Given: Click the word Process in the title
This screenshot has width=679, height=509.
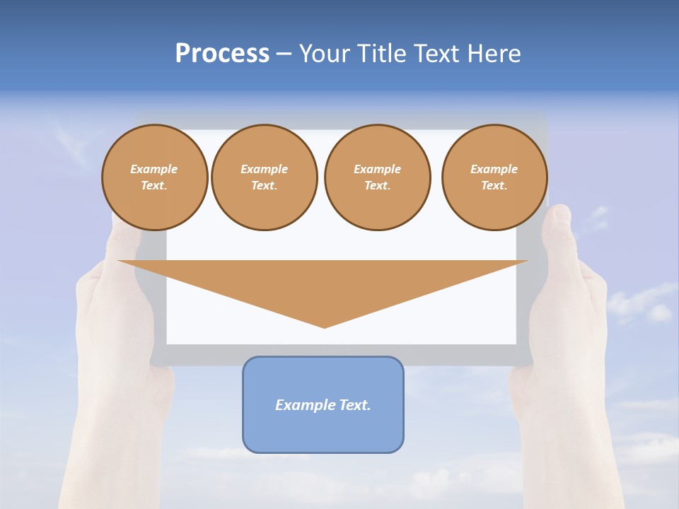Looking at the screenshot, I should click(222, 54).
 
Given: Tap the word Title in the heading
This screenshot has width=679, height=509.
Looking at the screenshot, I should click(381, 54).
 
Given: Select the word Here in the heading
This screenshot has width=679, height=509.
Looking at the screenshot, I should click(494, 54).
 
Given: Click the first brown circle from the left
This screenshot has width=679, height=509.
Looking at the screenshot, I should click(155, 177).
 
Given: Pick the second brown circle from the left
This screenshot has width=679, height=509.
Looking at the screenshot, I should click(265, 177).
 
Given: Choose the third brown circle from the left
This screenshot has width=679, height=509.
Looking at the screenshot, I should click(378, 177).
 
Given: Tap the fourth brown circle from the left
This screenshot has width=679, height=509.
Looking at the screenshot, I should click(494, 177).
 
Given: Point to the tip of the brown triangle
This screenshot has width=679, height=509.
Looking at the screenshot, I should click(325, 327).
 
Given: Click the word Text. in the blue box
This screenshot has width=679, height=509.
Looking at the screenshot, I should click(354, 405).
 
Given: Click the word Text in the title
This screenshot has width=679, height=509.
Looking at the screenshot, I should click(433, 54).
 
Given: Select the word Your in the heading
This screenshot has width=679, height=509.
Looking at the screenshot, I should click(325, 54).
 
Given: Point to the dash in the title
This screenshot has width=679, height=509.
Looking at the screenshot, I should click(284, 54).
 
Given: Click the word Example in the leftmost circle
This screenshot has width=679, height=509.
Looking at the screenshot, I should click(154, 169).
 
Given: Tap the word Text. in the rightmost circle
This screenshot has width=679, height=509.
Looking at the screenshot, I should click(494, 185).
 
